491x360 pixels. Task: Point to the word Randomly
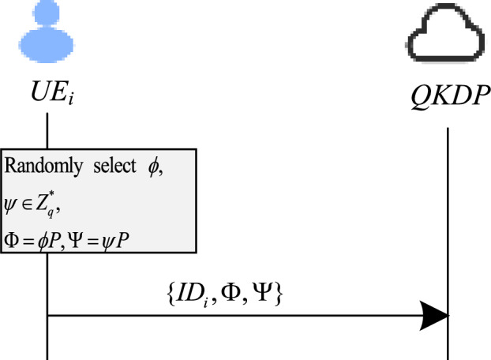click(35, 167)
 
